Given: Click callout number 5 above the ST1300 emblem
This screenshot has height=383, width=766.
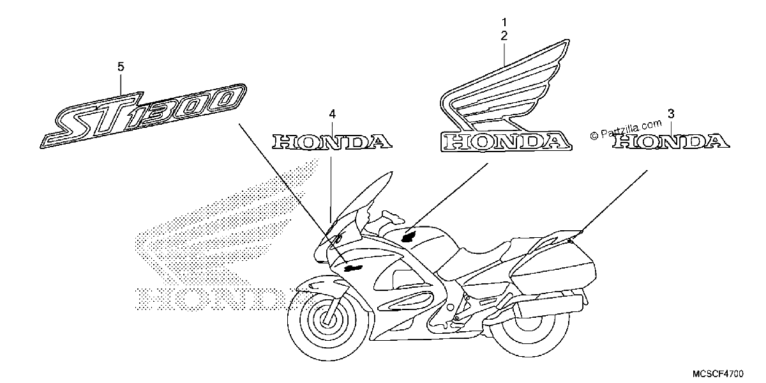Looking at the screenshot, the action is click(x=121, y=66).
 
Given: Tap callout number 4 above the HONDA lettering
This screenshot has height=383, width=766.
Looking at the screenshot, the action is click(x=333, y=114).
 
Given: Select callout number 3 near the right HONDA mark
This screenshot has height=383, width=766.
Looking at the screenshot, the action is click(x=671, y=114).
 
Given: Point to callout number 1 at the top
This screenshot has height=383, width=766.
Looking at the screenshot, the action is click(x=504, y=22).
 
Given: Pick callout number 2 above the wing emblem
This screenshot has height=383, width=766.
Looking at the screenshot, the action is click(x=504, y=36).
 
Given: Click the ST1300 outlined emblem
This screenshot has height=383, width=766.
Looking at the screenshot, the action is click(x=143, y=116).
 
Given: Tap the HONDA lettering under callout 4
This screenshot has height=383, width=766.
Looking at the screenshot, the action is click(x=332, y=142).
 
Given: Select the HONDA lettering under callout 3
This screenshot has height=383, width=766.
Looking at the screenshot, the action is click(x=671, y=141).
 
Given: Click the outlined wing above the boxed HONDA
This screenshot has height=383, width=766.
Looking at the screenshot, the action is click(x=505, y=86).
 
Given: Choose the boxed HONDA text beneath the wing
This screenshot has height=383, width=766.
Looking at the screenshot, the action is click(x=506, y=141).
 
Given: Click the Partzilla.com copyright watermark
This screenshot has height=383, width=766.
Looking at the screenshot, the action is click(x=626, y=130).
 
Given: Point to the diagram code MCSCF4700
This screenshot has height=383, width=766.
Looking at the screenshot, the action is click(x=718, y=373).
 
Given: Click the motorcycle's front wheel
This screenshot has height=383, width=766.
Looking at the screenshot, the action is click(x=328, y=320).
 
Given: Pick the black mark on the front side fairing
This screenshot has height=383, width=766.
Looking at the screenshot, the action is click(x=353, y=267).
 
